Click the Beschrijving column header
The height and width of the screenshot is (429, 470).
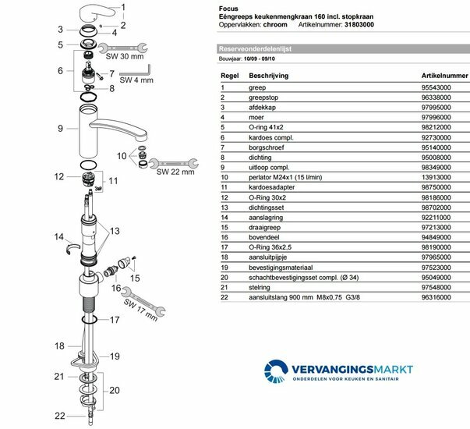(x=267, y=76)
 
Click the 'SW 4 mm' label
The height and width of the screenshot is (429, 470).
(x=136, y=80)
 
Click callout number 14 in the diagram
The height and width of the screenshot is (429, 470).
(x=58, y=236)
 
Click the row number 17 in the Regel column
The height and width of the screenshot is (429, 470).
(x=226, y=246)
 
